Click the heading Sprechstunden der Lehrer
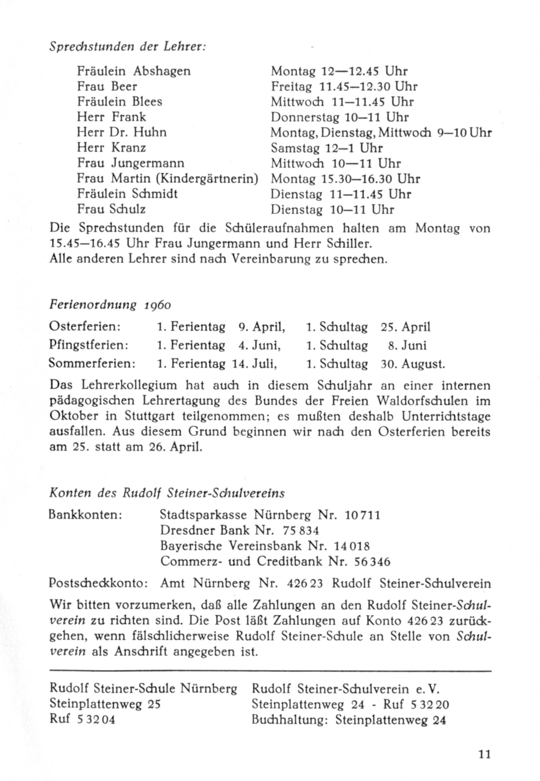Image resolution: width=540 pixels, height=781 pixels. [127, 47]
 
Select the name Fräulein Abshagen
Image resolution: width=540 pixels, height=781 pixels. [134, 71]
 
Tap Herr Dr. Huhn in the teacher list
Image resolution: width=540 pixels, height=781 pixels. [122, 132]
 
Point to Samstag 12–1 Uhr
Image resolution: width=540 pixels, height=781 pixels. [327, 148]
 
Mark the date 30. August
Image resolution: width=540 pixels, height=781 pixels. [413, 364]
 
